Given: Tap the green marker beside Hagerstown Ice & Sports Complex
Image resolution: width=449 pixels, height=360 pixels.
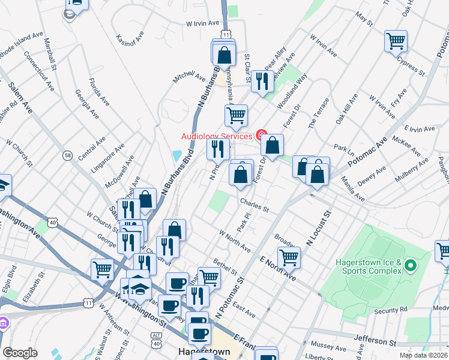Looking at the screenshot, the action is pyautogui.click(x=411, y=265).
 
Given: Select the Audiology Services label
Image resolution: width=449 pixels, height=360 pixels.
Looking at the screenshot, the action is pyautogui.click(x=217, y=136).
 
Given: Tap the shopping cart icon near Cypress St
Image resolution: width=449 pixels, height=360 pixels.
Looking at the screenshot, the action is pyautogui.click(x=396, y=41).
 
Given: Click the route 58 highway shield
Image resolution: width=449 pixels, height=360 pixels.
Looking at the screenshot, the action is pyautogui.click(x=67, y=156).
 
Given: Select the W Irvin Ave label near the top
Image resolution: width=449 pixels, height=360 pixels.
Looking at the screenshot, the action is pyautogui.click(x=201, y=23).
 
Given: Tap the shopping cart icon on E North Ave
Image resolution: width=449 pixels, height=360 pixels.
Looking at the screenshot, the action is pyautogui.click(x=289, y=257).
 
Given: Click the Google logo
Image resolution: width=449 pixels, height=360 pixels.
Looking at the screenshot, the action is pyautogui.click(x=20, y=353).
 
